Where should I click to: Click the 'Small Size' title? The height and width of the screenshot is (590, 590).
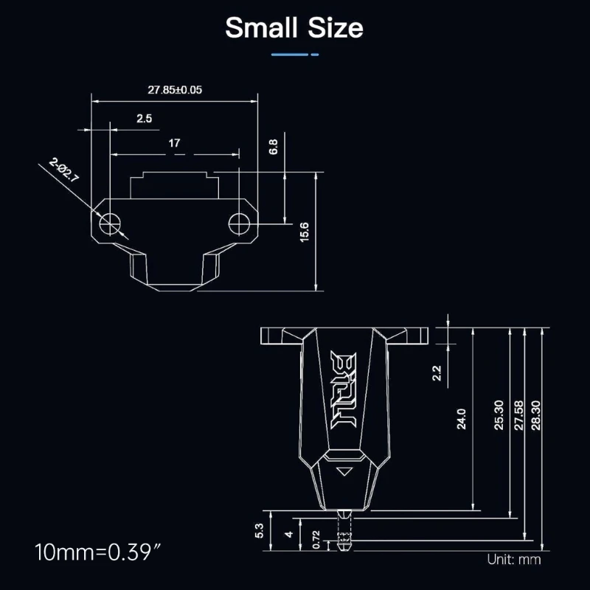pos(294,28)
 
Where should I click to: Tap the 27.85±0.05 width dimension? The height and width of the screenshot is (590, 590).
pos(175,90)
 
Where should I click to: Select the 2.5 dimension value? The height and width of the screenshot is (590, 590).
pos(144,119)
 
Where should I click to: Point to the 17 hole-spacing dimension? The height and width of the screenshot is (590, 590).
pos(174,143)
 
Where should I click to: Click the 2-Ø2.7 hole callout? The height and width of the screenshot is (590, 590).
pos(64,170)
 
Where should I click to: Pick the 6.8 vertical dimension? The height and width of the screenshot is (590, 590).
pos(273,147)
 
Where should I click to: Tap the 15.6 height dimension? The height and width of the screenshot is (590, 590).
pos(304,232)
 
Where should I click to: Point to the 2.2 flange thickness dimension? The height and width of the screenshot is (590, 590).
pos(437,373)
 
